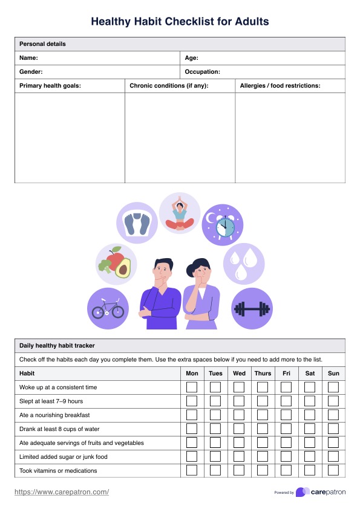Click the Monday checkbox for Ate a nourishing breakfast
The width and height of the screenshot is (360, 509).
tap(192, 415)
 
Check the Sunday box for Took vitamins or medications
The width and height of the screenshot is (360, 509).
tap(333, 470)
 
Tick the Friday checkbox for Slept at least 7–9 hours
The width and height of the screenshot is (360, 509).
tap(286, 401)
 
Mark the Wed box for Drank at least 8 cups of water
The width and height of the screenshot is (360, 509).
tap(239, 429)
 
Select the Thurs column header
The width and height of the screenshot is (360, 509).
tap(263, 373)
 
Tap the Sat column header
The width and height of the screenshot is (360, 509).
tap(310, 373)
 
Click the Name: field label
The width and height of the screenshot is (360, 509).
tap(29, 58)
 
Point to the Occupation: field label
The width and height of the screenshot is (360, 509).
tap(202, 72)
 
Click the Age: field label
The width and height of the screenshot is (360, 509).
tap(191, 58)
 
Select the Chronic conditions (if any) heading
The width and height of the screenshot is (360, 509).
tap(169, 86)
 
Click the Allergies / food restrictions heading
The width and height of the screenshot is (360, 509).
tap(280, 86)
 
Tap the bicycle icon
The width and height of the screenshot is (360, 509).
tap(108, 309)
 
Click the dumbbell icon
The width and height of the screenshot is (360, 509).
tap(252, 309)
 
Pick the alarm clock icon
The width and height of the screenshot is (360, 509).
tap(222, 225)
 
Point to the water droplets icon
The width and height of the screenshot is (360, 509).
tap(244, 264)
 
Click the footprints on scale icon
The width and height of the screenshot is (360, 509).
tap(137, 222)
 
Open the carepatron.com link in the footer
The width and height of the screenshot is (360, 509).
tap(62, 492)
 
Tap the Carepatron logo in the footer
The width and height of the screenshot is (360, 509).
tap(321, 492)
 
